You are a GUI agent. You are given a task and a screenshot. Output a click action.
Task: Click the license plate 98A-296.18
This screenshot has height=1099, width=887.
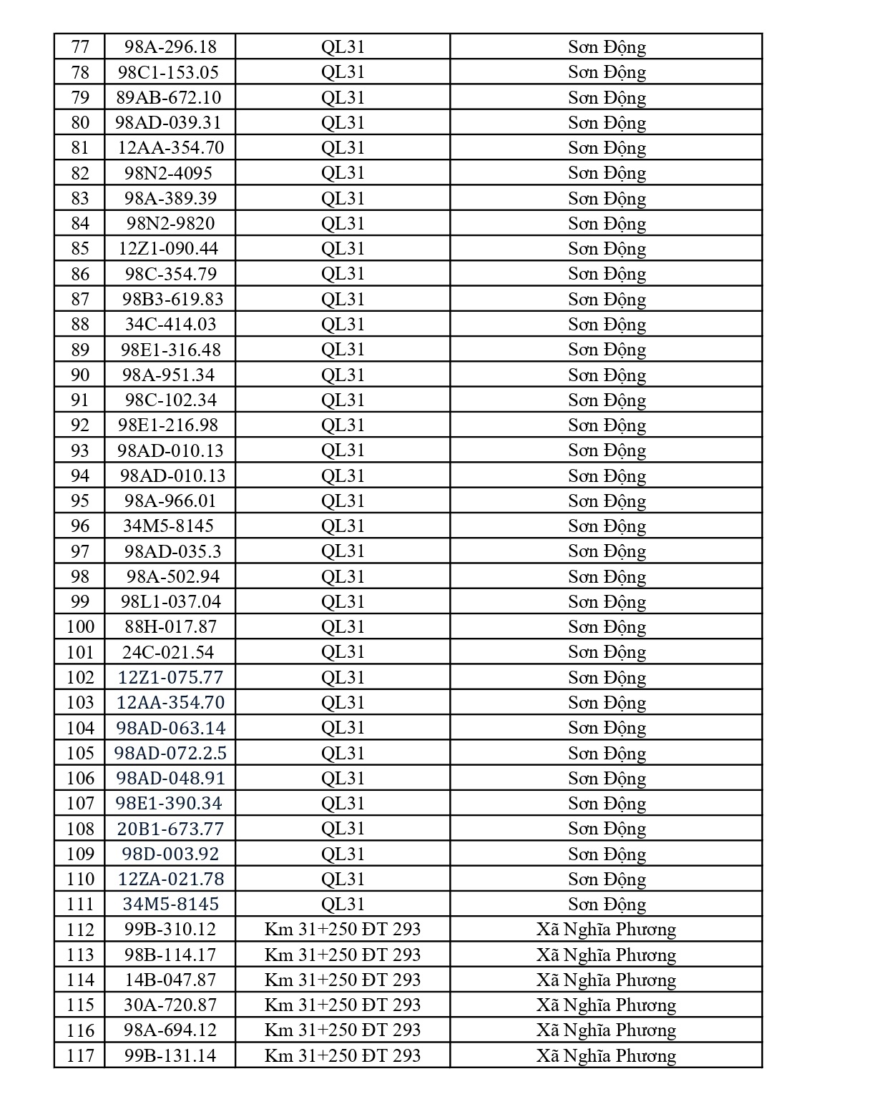click(170, 47)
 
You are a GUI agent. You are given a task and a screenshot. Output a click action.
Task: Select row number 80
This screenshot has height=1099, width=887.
click(80, 123)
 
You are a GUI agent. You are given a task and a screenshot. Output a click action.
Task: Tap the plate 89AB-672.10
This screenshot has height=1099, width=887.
click(169, 98)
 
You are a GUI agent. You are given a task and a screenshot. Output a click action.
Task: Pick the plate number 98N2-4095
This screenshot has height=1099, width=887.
click(169, 173)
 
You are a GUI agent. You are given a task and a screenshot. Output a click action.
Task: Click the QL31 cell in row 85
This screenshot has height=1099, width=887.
click(343, 249)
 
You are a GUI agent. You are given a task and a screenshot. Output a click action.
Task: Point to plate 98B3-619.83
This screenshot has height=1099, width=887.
click(172, 299)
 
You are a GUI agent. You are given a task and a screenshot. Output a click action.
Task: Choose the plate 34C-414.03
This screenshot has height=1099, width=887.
click(170, 325)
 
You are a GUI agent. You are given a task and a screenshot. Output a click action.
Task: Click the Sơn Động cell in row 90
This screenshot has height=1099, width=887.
click(607, 375)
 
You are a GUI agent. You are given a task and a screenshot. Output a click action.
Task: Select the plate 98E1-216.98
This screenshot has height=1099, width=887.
click(168, 425)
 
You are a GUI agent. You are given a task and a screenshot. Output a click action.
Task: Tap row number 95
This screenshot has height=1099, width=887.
click(80, 501)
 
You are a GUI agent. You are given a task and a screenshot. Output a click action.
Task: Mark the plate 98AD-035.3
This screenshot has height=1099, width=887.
click(172, 551)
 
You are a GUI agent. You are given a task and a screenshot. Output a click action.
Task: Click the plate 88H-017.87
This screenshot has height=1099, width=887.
click(170, 627)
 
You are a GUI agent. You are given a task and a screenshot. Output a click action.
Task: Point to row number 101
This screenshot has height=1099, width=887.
click(80, 652)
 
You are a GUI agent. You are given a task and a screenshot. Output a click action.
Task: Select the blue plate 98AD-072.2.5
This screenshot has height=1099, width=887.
click(170, 753)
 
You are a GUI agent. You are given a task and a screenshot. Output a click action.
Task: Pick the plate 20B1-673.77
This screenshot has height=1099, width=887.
click(170, 829)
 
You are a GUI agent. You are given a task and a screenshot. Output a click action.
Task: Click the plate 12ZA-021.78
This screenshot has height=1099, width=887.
click(170, 879)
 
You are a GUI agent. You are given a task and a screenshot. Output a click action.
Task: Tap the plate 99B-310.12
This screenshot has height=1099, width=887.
click(170, 930)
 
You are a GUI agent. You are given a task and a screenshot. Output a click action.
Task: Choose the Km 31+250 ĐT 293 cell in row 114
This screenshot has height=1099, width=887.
click(343, 980)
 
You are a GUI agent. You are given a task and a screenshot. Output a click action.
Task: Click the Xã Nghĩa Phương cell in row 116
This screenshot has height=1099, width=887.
click(607, 1030)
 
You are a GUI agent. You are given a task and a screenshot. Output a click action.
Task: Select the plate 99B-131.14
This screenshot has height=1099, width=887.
click(170, 1055)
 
